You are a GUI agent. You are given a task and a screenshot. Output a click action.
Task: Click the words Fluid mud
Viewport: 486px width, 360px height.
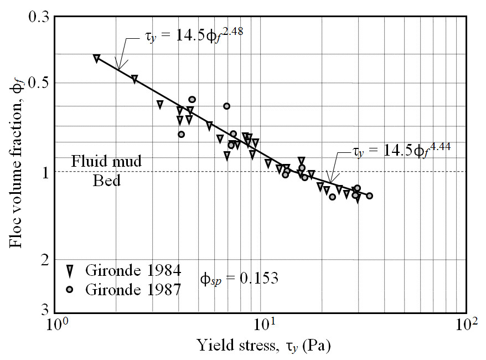(x=107, y=162)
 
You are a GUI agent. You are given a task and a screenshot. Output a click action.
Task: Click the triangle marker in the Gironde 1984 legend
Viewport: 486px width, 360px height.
(x=70, y=271)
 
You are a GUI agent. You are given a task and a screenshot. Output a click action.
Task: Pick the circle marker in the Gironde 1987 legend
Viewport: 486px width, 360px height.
(x=70, y=289)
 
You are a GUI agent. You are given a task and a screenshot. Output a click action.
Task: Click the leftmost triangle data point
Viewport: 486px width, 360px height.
(x=97, y=58)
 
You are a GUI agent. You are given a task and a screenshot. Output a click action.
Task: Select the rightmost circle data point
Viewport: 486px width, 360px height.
(x=369, y=196)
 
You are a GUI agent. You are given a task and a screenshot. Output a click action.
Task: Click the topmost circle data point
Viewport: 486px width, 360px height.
(x=192, y=99)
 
